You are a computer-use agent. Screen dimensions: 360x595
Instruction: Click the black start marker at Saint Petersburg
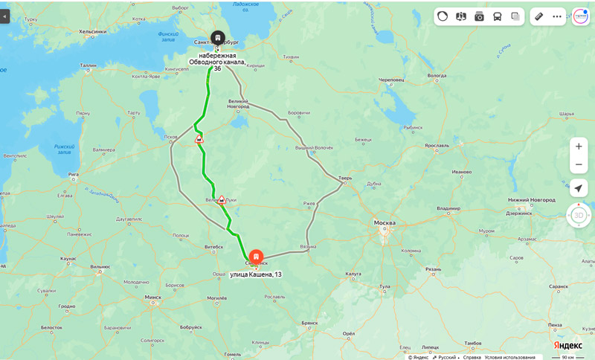tap(217, 37)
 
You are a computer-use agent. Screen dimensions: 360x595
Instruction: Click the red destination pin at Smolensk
tap(256, 257)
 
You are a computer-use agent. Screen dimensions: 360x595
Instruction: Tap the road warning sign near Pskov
tap(199, 139)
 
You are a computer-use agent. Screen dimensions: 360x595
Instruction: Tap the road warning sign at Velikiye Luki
tap(222, 199)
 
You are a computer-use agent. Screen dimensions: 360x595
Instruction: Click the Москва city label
tap(385, 223)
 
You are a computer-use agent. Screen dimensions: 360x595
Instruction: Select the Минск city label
tap(153, 297)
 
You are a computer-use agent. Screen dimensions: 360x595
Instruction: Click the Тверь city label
tap(345, 178)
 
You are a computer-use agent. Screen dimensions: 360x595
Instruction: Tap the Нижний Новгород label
tap(531, 200)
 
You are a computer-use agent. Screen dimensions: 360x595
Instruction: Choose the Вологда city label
tap(437, 75)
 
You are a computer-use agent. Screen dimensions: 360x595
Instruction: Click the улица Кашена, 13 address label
tap(256, 274)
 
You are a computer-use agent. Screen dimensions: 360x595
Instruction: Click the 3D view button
tap(579, 215)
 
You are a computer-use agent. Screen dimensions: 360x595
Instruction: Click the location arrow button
tap(579, 188)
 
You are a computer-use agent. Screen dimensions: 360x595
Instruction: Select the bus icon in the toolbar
tap(498, 16)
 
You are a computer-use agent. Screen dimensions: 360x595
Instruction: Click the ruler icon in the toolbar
tap(539, 16)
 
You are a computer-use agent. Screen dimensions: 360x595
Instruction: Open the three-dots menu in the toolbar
tap(557, 16)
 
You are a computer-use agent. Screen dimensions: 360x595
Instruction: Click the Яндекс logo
tap(567, 345)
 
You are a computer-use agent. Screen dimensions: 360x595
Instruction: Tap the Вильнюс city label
tap(100, 266)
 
